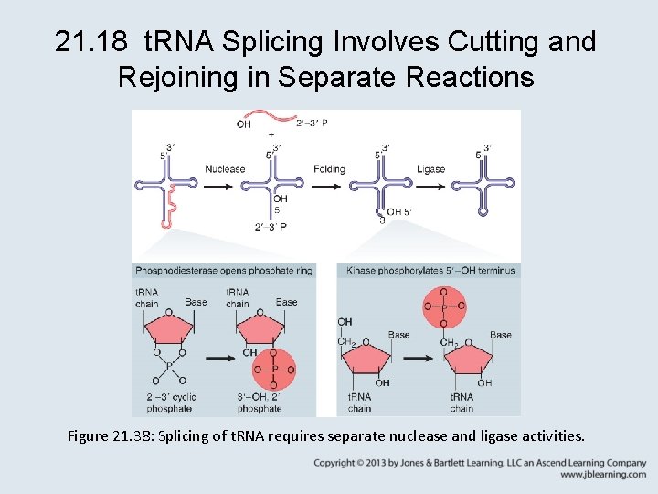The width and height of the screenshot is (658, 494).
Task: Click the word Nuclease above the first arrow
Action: click(x=225, y=169)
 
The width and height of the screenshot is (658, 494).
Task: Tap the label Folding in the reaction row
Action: click(x=329, y=169)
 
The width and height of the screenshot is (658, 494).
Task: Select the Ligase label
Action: click(x=430, y=169)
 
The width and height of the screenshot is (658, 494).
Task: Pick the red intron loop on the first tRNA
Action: click(x=167, y=208)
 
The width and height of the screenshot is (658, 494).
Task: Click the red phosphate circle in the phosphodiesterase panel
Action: click(x=274, y=370)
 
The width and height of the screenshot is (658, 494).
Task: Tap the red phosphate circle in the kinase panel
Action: click(x=443, y=306)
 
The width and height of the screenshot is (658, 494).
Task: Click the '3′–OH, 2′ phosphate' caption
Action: click(x=260, y=403)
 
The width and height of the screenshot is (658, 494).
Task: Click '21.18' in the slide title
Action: click(x=86, y=42)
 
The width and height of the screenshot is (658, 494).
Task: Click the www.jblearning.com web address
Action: click(x=603, y=475)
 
